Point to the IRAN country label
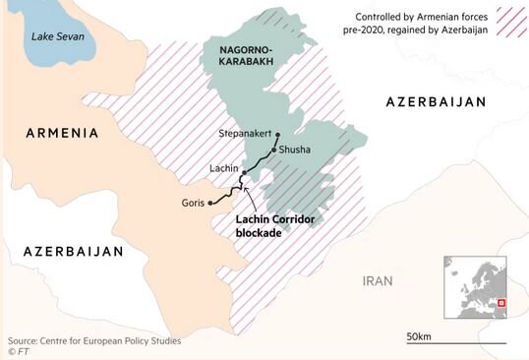pyautogui.click(x=378, y=280)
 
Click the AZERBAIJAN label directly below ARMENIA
pyautogui.click(x=74, y=252)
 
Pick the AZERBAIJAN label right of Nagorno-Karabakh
pyautogui.click(x=437, y=102)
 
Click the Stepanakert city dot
pyautogui.click(x=278, y=136)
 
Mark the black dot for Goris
pyautogui.click(x=211, y=204)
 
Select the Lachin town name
pyautogui.click(x=224, y=169)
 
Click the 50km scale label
pyautogui.click(x=419, y=336)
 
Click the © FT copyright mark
pyautogui.click(x=18, y=349)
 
